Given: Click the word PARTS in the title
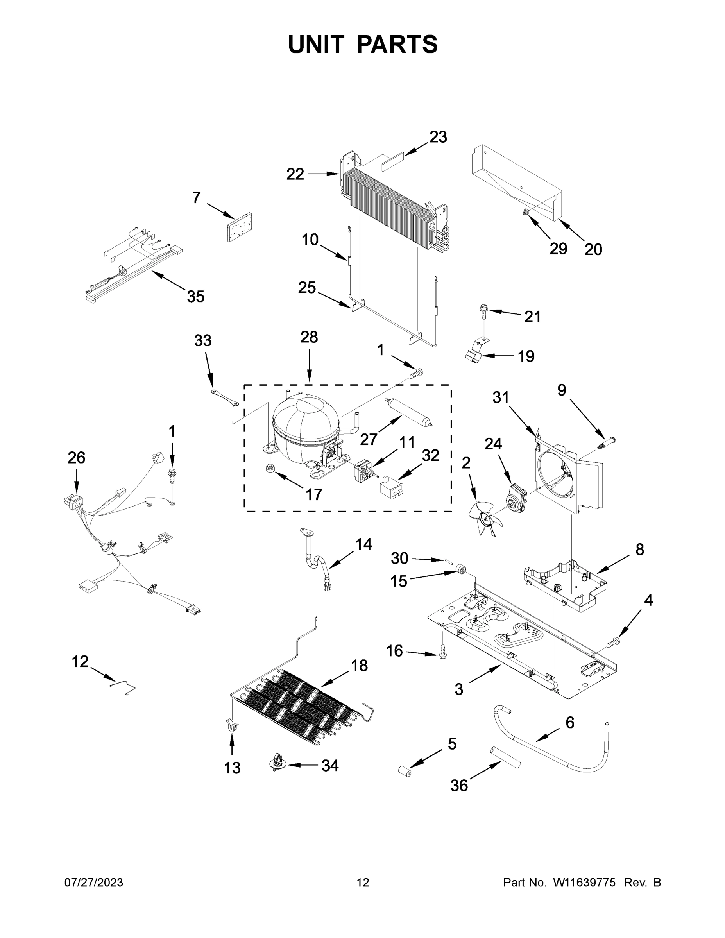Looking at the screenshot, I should click(x=397, y=44).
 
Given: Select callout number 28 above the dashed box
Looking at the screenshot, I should click(x=309, y=337).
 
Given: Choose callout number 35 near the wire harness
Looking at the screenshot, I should click(x=195, y=296).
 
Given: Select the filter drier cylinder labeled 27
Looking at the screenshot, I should click(x=408, y=412).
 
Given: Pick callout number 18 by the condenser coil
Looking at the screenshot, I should click(x=360, y=666).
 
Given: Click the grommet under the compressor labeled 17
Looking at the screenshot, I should click(x=270, y=468).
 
